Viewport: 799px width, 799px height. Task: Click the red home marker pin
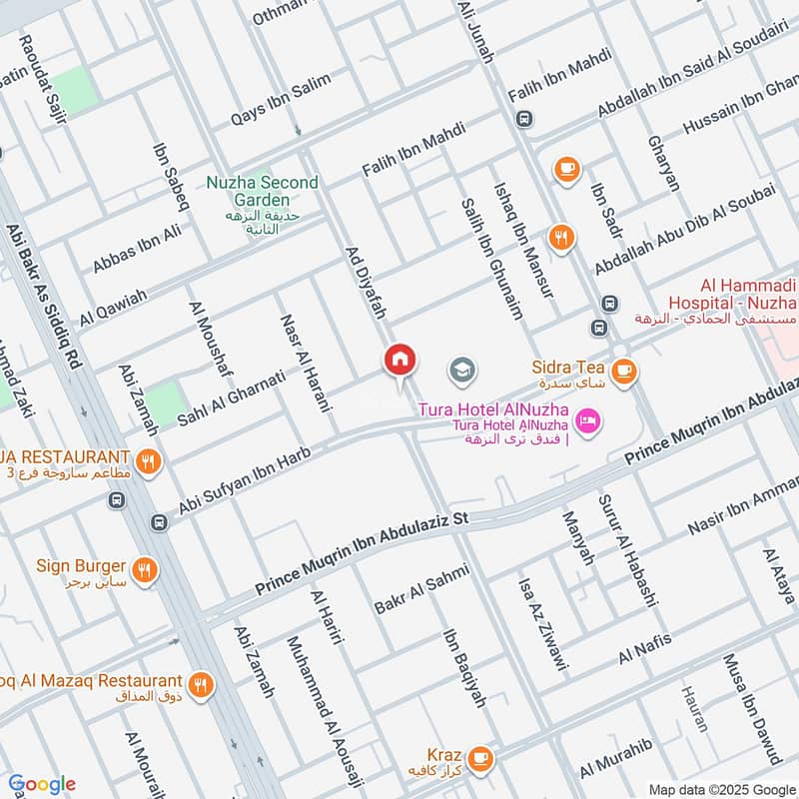point(400,361)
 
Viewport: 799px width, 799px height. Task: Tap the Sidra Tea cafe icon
point(624,371)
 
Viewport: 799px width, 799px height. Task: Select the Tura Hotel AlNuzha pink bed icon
point(589,421)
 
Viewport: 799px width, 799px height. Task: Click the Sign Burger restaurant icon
point(147,570)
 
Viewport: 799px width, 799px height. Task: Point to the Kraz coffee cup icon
point(480,758)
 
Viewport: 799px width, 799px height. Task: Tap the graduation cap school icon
point(461,372)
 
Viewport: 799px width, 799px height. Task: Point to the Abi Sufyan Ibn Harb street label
point(245,482)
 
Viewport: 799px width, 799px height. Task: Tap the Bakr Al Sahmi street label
point(421,589)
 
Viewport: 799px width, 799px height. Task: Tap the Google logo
point(42,784)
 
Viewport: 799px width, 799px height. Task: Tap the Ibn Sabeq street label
point(171,177)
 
